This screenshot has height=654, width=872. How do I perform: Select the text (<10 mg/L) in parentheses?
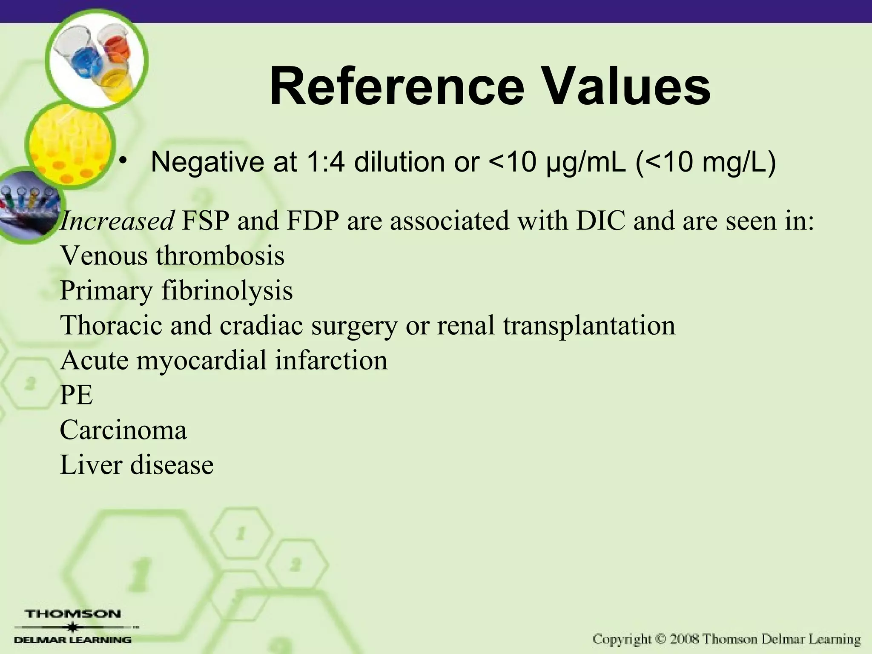click(706, 162)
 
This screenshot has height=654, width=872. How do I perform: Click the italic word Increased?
click(116, 221)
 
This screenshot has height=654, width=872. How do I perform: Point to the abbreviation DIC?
click(601, 221)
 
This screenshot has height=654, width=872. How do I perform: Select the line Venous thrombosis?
click(172, 256)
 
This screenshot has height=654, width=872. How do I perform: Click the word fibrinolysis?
click(227, 291)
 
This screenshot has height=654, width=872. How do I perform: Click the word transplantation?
click(589, 326)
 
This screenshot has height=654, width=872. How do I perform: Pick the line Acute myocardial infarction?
click(224, 360)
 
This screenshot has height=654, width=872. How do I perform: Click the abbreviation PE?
click(76, 395)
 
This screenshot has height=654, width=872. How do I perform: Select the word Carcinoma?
click(123, 430)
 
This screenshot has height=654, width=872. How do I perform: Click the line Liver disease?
click(136, 465)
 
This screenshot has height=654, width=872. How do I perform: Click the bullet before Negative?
click(123, 161)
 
